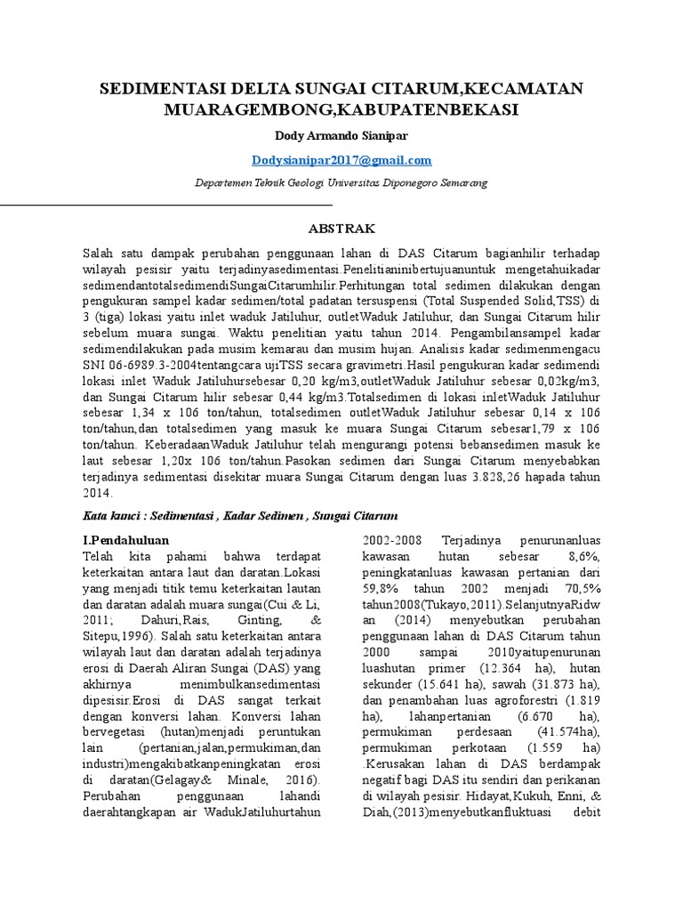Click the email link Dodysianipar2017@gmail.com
point(341,160)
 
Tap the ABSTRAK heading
point(341,228)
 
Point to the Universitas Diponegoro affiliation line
point(341,182)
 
